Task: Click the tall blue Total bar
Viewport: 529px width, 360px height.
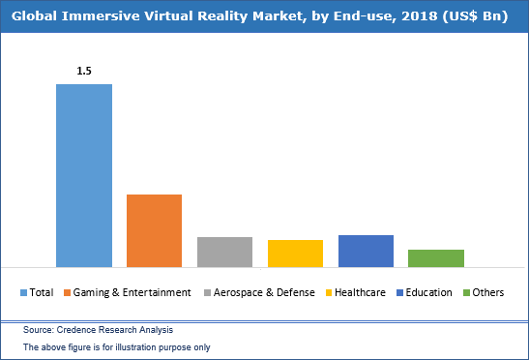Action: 84,175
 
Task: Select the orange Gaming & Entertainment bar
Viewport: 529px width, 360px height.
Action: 155,230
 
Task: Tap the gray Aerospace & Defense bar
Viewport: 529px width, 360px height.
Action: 224,252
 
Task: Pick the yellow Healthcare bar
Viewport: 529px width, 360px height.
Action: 295,254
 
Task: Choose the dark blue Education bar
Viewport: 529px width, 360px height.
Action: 366,251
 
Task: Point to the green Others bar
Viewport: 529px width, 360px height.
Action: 436,257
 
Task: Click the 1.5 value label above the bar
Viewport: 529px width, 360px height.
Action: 84,71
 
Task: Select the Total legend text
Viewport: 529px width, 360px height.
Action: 42,292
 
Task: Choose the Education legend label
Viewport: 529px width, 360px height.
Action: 428,292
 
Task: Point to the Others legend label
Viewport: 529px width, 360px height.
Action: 489,292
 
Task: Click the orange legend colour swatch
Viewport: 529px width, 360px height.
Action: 67,292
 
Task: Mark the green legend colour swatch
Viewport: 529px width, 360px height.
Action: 466,292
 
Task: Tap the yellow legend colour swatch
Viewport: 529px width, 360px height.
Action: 330,292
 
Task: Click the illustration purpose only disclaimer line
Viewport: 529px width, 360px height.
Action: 116,346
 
